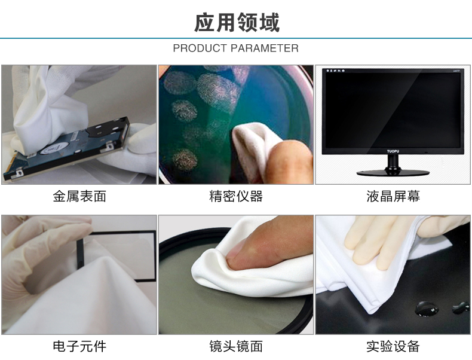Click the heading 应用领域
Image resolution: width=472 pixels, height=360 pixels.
(x=236, y=23)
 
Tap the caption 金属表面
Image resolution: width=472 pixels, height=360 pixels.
(x=79, y=197)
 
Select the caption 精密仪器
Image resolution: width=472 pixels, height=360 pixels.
(x=236, y=197)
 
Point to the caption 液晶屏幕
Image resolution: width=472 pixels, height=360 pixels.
(x=393, y=197)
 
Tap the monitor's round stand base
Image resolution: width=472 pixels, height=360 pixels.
(x=393, y=173)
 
